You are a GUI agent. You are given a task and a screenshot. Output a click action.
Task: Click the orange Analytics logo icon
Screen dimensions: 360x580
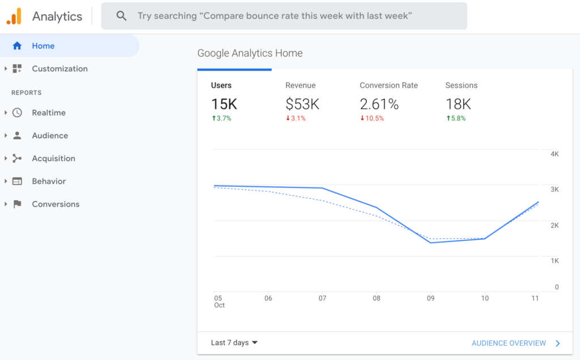[x=14, y=16]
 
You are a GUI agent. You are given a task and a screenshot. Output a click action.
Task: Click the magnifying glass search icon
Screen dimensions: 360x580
[x=121, y=16]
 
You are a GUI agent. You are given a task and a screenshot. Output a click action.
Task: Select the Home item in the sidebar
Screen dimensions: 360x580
[x=43, y=46]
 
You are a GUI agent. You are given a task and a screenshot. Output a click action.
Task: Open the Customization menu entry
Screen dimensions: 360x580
[x=59, y=68]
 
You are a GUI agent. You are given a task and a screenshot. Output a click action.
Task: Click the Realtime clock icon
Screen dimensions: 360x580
[x=17, y=113]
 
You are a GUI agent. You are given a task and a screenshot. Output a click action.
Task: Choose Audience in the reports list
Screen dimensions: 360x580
[x=50, y=136]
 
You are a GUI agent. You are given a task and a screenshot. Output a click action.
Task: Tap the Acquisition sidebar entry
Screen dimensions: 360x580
[x=53, y=158]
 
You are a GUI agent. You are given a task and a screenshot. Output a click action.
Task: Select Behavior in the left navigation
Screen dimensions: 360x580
[x=49, y=181]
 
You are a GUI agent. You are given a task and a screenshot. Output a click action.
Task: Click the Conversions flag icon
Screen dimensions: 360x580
[x=17, y=204]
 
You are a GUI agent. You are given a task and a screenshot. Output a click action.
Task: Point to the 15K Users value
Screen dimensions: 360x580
[x=224, y=104]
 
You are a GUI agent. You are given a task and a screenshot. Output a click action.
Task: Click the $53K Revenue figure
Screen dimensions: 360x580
[x=302, y=104]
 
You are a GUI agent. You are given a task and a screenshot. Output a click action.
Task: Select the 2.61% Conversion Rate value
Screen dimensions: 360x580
[x=379, y=104]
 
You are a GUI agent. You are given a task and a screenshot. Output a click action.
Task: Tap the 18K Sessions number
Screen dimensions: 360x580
[x=458, y=104]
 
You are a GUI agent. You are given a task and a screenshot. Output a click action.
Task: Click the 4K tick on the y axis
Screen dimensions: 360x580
[x=554, y=154]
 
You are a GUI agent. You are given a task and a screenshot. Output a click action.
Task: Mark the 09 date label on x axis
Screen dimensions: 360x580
[x=430, y=298]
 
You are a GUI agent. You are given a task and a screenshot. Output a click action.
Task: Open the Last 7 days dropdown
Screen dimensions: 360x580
[x=234, y=342]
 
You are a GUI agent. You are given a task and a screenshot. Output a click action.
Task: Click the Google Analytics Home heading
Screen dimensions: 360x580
[x=250, y=53]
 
